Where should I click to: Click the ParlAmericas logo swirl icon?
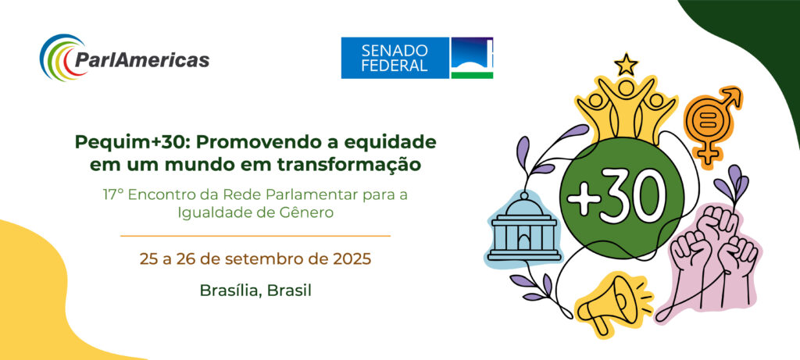(57, 57)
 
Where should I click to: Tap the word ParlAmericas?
(141, 59)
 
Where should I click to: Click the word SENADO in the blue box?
(395, 51)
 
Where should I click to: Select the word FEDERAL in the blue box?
(395, 66)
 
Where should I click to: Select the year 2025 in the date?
(352, 258)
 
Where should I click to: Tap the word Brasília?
(231, 290)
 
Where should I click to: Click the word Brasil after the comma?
(289, 290)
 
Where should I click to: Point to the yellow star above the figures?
(626, 65)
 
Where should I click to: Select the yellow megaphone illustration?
(612, 302)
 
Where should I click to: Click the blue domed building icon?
(523, 228)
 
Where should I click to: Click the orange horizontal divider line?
(255, 236)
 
